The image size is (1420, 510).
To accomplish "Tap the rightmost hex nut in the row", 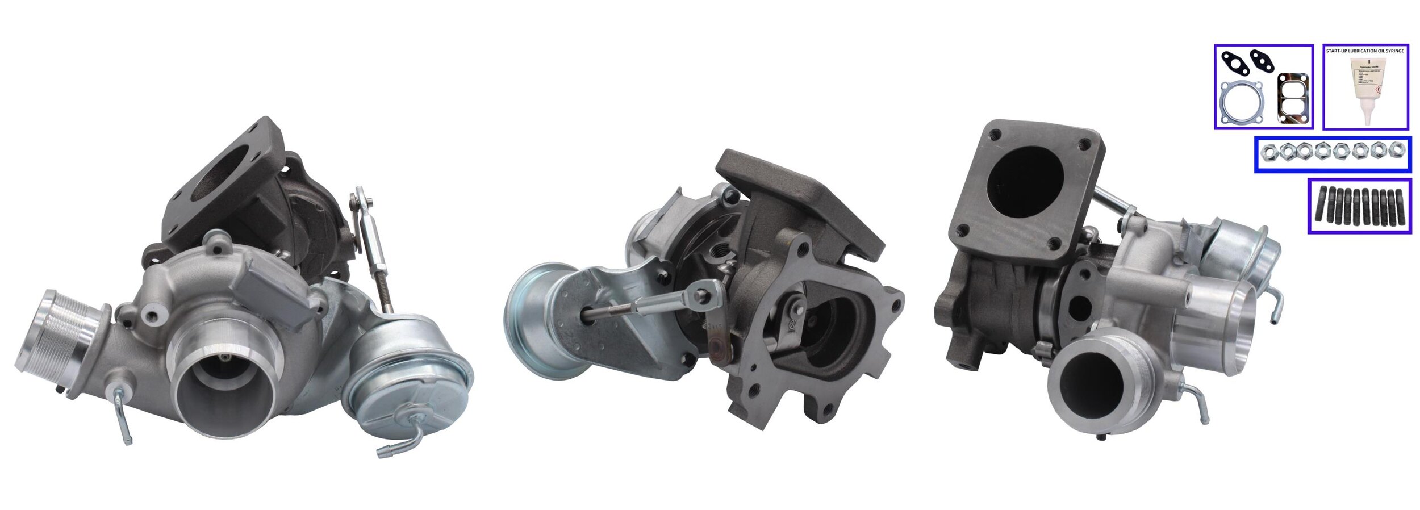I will click(1395, 150).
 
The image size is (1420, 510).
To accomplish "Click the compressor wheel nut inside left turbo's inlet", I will click(225, 358).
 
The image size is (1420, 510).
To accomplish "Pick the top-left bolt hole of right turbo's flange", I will click(995, 135).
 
